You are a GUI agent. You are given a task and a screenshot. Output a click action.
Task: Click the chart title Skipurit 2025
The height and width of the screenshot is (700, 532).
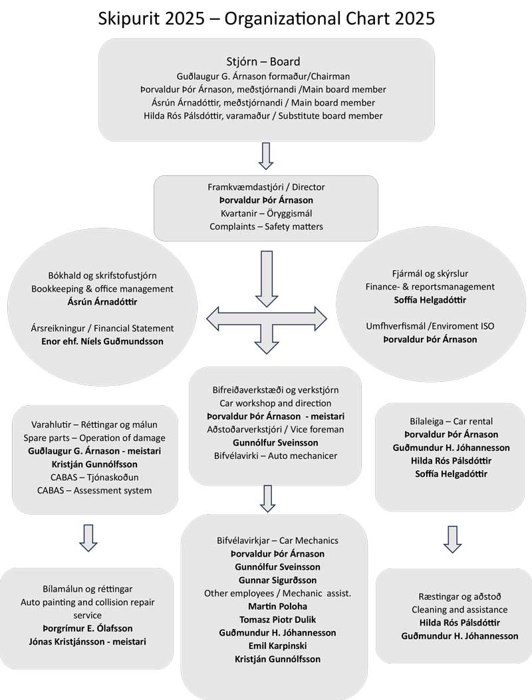point(266,19)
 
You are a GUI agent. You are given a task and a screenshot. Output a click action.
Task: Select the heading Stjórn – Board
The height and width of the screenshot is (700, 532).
point(266,62)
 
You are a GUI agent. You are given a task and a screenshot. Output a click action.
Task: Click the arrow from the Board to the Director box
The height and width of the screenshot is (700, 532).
point(266,155)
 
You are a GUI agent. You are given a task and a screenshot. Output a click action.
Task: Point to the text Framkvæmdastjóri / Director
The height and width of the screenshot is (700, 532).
point(266,187)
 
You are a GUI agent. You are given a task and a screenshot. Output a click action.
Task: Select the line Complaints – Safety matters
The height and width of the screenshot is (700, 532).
point(266,226)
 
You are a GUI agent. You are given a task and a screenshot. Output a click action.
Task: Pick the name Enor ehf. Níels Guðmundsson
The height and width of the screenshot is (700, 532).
point(102,341)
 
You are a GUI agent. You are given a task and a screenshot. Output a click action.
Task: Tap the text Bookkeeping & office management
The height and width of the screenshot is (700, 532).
point(102,288)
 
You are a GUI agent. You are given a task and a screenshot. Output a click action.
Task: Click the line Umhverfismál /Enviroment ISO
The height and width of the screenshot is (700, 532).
point(430,326)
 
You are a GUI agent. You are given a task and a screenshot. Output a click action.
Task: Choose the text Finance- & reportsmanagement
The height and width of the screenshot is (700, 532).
point(430,286)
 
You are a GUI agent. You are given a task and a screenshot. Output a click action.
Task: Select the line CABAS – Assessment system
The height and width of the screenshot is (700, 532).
point(94,491)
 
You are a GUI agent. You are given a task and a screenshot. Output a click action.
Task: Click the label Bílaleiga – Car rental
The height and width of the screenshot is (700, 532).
point(452,421)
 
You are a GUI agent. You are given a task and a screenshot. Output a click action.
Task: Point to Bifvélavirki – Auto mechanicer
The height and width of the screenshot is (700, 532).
point(266,456)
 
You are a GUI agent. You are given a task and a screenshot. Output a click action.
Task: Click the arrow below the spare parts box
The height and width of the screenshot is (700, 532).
point(88,537)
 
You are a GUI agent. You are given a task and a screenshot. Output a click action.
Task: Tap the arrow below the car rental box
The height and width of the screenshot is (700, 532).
point(452,539)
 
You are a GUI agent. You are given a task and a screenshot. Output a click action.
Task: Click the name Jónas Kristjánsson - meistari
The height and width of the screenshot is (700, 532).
point(87,641)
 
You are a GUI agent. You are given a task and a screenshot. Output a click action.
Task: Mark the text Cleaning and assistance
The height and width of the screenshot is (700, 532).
point(460,609)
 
